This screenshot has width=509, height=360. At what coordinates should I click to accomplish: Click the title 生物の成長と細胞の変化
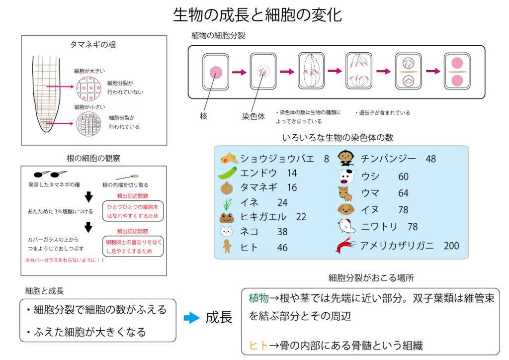pos(257,15)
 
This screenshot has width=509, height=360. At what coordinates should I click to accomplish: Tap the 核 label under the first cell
pos(203,115)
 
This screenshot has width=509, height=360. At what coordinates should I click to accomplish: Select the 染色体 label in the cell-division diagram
pos(254,115)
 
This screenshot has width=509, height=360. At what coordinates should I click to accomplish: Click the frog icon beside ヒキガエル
pos(227,217)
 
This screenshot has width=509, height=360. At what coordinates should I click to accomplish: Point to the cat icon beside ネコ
pos(227,231)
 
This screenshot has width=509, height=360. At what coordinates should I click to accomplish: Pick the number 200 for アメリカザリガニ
pos(451,245)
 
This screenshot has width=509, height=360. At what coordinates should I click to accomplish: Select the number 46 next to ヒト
pos(282,247)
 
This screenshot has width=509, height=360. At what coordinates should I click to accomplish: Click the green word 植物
pos(258,298)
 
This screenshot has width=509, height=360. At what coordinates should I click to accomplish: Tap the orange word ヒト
pos(258,345)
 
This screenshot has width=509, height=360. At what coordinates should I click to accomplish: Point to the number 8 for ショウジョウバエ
pos(327,159)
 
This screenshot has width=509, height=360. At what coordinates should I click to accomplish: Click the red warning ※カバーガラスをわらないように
pos(65,260)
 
